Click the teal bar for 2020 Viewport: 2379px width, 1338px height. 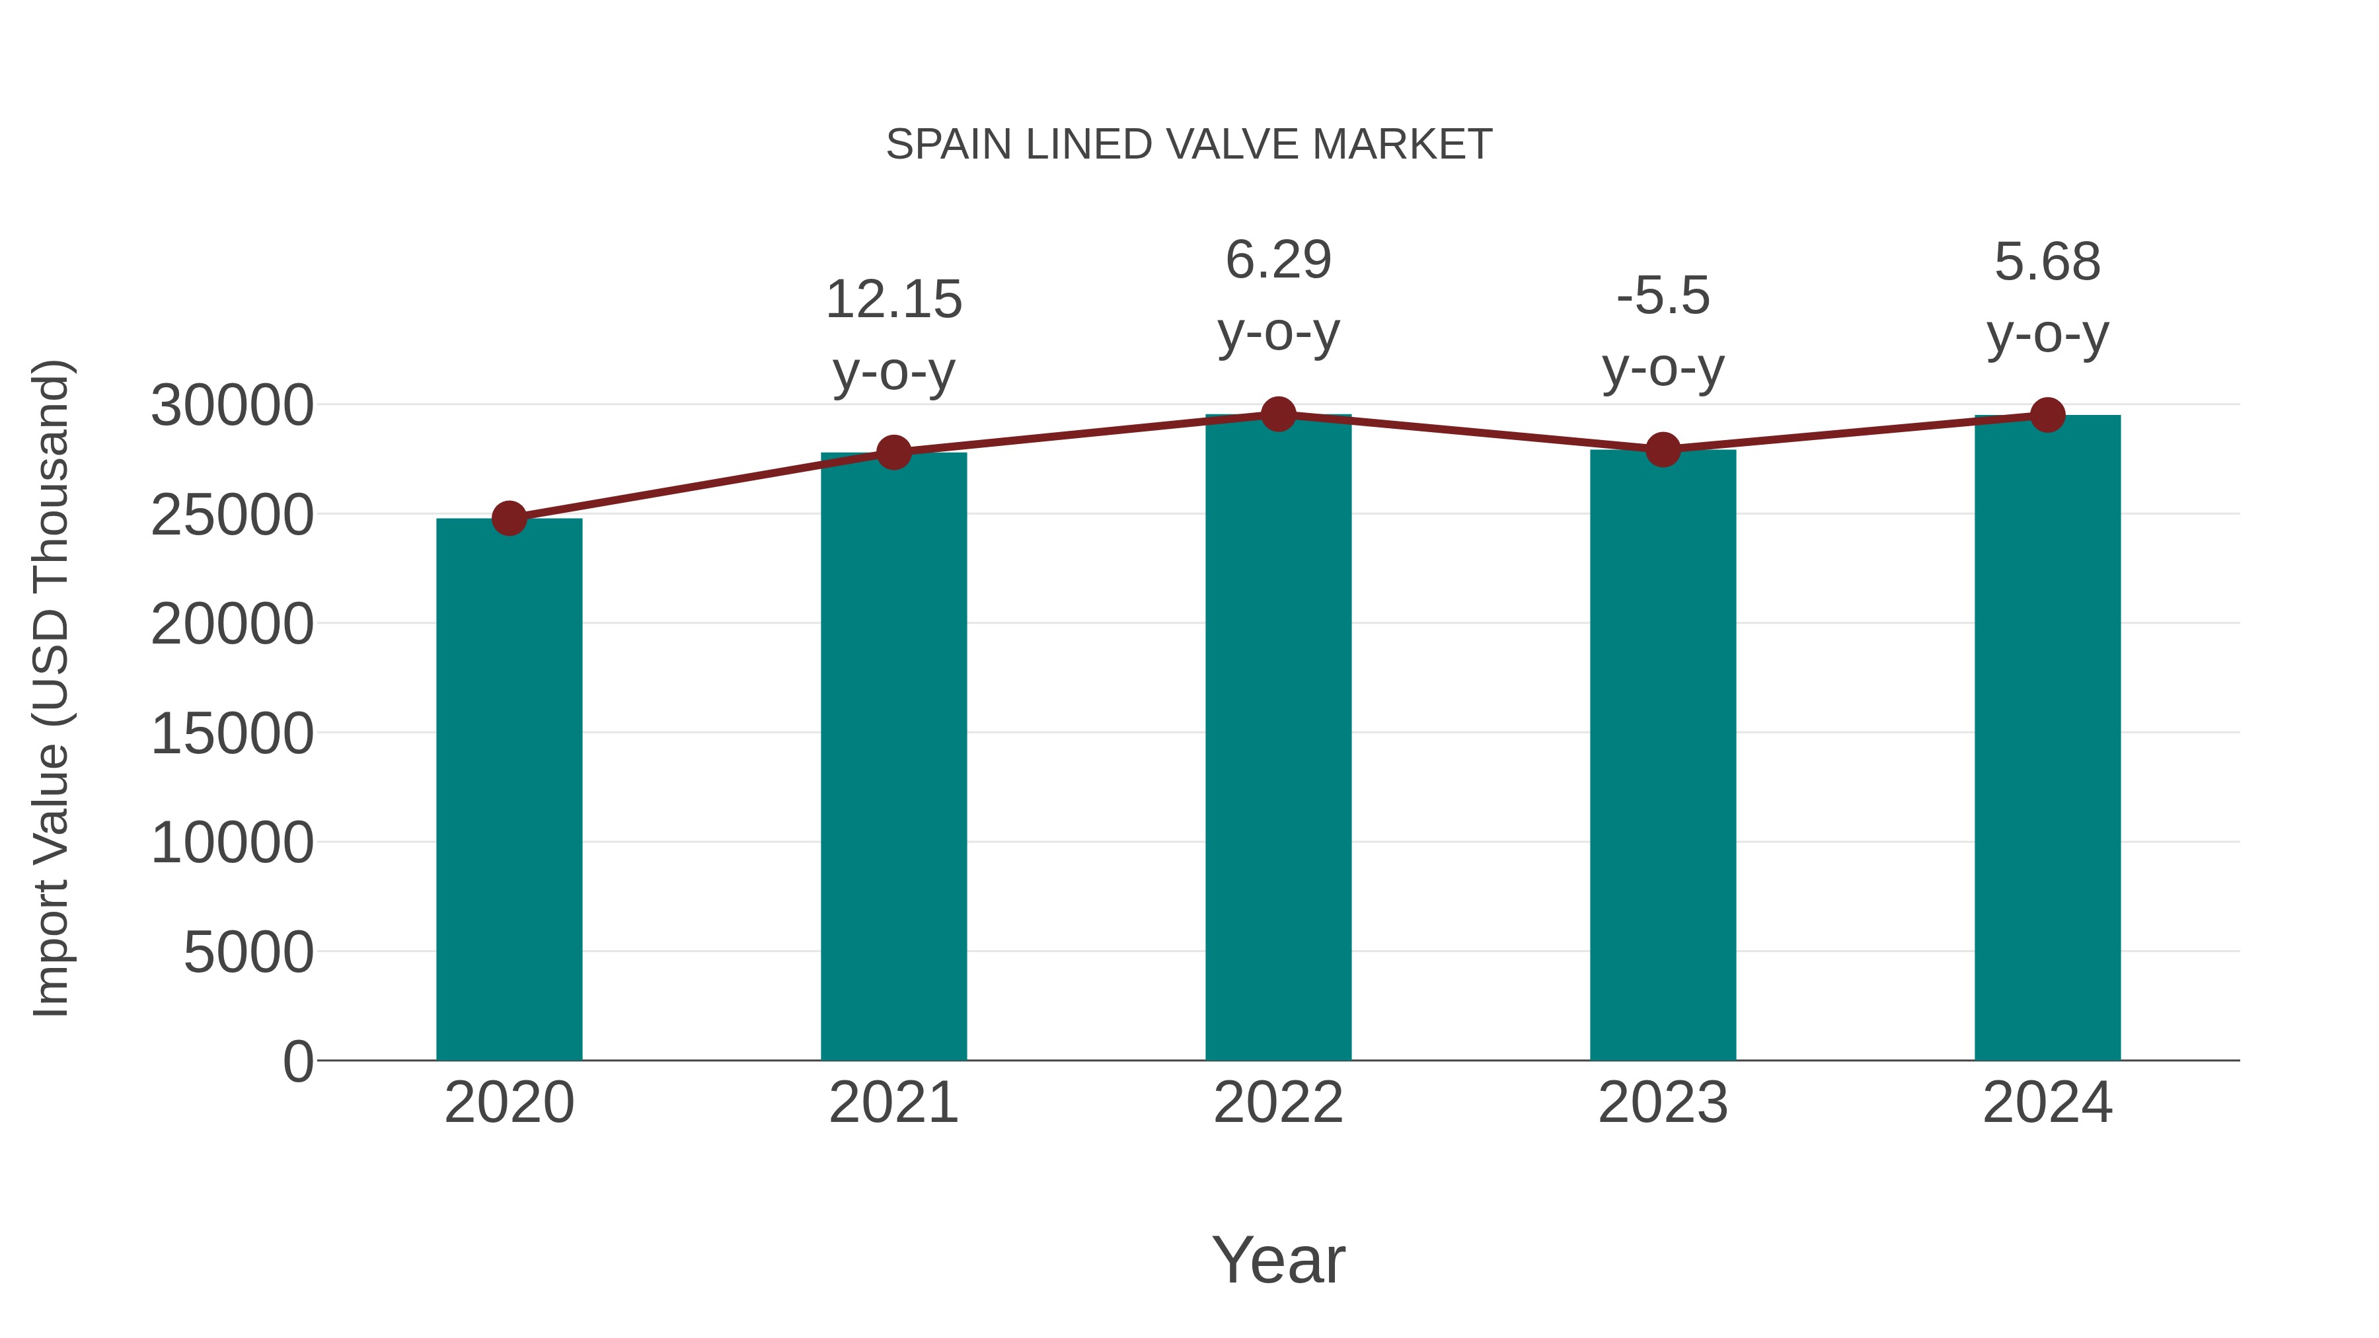tap(509, 790)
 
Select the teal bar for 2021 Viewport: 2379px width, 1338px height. tap(893, 757)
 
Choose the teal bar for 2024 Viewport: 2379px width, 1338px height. tap(2047, 738)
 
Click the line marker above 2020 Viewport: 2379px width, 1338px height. tap(509, 518)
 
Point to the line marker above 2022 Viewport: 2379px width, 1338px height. tap(1278, 414)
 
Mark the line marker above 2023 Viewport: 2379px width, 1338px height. tap(1663, 450)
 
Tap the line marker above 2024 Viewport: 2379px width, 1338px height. tap(2047, 416)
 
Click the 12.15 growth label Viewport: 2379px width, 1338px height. tap(893, 299)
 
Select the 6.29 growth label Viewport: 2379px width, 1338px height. tap(1278, 260)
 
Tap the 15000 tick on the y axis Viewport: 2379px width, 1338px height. tap(232, 733)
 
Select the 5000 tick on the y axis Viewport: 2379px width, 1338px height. tap(248, 952)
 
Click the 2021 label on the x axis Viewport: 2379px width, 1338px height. tap(893, 1103)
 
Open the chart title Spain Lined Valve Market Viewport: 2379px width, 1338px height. tap(1189, 144)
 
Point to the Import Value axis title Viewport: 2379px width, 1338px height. tap(51, 688)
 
